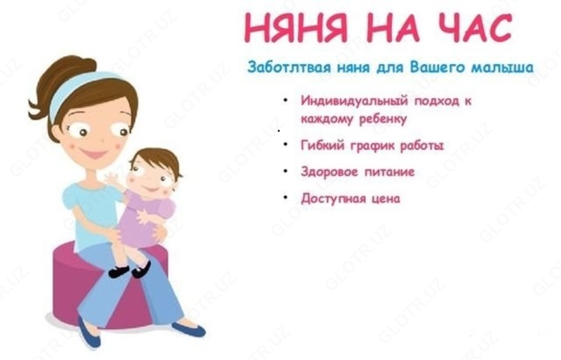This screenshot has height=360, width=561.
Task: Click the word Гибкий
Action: point(320,145)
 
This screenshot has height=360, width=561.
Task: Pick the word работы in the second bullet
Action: point(421,145)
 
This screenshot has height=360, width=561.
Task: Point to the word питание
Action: point(389,172)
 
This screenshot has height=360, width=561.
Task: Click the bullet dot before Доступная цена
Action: point(286,198)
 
